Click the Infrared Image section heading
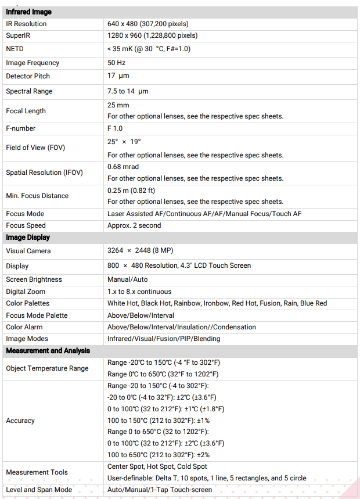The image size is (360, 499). pyautogui.click(x=28, y=12)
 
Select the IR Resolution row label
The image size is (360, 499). pyautogui.click(x=26, y=24)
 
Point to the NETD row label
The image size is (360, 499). pyautogui.click(x=15, y=49)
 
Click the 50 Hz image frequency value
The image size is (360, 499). pyautogui.click(x=116, y=63)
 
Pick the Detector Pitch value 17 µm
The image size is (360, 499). pyautogui.click(x=118, y=76)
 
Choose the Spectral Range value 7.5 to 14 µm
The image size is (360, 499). pyautogui.click(x=128, y=91)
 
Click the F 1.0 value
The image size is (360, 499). pyautogui.click(x=115, y=128)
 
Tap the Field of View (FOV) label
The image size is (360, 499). pyautogui.click(x=35, y=148)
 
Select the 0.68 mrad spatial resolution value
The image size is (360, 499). pyautogui.click(x=123, y=167)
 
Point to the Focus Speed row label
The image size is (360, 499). pyautogui.click(x=26, y=225)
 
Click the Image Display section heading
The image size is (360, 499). pyautogui.click(x=28, y=238)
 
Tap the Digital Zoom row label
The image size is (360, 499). pyautogui.click(x=26, y=292)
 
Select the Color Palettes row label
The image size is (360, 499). pyautogui.click(x=28, y=303)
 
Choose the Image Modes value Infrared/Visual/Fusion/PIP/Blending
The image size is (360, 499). pyautogui.click(x=164, y=339)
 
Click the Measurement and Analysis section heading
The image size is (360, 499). pyautogui.click(x=48, y=351)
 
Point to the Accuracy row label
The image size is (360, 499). pyautogui.click(x=20, y=421)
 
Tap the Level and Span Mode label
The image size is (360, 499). pyautogui.click(x=39, y=490)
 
